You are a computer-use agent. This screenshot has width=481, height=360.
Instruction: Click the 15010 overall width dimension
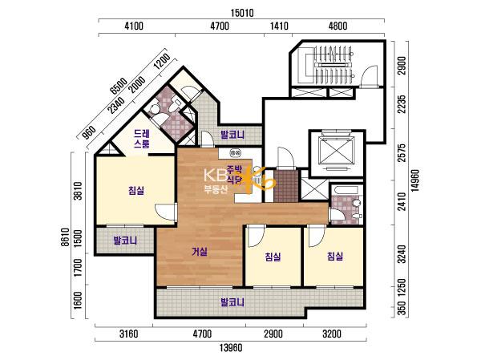point(242,13)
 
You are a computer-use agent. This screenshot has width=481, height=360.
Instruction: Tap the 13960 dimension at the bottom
point(231,348)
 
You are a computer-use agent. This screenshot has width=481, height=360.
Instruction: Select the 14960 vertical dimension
point(415,180)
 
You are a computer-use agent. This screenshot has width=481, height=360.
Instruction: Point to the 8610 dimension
point(65,237)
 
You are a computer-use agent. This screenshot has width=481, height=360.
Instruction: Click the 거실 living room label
point(200,252)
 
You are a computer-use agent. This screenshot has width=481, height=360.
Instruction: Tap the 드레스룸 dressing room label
point(141,139)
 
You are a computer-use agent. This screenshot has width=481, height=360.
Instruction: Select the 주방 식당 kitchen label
point(234,175)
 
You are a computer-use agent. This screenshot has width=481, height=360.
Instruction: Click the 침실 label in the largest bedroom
point(136,191)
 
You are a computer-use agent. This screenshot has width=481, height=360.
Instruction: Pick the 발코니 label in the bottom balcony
point(232,302)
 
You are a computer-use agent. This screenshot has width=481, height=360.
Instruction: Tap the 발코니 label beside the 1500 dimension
point(125,241)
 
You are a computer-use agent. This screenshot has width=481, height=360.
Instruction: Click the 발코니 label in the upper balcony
point(232,135)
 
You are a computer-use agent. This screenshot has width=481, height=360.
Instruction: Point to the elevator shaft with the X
point(337,153)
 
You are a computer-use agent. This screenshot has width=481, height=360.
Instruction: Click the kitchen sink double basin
point(236,152)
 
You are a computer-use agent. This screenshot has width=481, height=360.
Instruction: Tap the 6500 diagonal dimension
point(119,87)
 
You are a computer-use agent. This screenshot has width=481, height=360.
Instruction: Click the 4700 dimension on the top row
point(220,26)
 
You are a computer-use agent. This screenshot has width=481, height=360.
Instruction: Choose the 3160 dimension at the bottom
point(128,334)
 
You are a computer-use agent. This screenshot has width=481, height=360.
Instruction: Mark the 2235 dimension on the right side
point(402,103)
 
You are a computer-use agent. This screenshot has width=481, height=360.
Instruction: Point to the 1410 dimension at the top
point(279,26)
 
